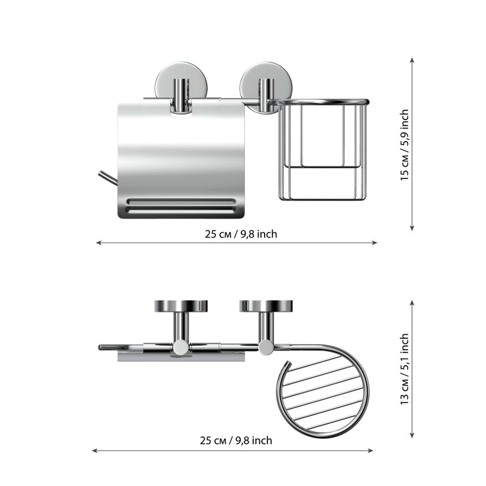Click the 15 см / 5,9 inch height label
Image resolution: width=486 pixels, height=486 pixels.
(405, 145)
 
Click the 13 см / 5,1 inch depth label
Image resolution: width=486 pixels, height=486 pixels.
(405, 369)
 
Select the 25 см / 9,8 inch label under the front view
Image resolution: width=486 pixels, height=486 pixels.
(241, 234)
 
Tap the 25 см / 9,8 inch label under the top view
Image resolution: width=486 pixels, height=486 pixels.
(236, 441)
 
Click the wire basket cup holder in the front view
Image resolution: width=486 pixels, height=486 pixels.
(322, 150)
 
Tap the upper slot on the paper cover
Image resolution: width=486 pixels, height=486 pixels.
(181, 201)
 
